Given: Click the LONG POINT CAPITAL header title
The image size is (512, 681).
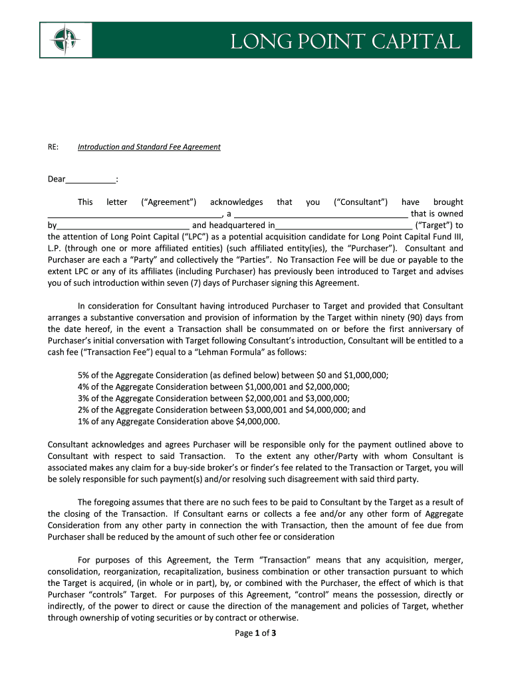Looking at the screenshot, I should click(344, 42).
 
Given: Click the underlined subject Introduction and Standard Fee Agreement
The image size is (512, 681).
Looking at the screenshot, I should click(149, 147).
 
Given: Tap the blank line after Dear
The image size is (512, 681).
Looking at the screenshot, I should click(91, 180).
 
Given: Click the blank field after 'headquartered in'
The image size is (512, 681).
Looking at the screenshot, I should click(343, 225).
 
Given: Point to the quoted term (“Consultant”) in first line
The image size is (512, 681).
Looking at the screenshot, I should click(360, 202).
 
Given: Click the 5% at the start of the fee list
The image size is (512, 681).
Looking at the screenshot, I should click(84, 375).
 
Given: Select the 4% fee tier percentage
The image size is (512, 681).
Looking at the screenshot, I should click(84, 387).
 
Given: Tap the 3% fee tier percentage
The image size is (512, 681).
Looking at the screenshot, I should click(84, 398).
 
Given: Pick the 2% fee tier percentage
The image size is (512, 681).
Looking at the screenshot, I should click(84, 410).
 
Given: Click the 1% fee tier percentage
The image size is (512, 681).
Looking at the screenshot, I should click(84, 421).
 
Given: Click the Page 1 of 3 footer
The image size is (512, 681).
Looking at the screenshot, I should click(256, 633).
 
